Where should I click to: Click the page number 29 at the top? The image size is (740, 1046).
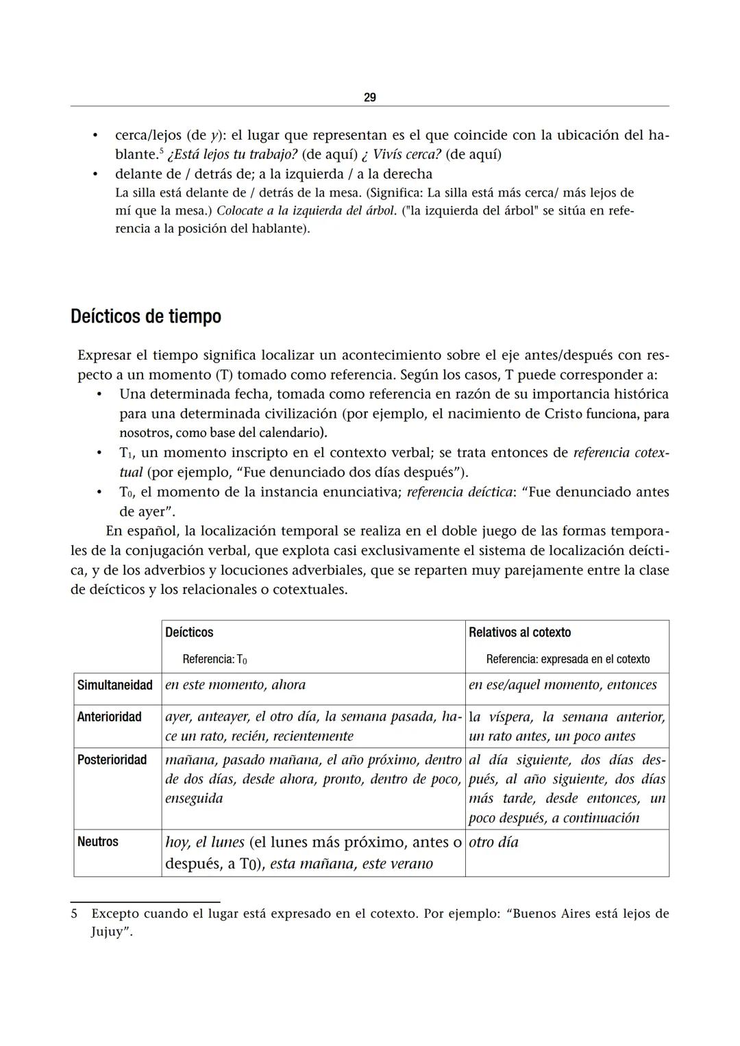tap(369, 97)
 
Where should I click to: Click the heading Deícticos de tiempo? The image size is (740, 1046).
tap(146, 316)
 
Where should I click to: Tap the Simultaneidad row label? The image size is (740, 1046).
tap(114, 685)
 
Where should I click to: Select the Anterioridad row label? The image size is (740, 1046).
tap(109, 717)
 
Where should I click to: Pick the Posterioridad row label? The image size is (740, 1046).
tap(112, 760)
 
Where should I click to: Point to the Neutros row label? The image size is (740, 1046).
tap(97, 841)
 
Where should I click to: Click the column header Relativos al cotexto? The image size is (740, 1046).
tap(519, 632)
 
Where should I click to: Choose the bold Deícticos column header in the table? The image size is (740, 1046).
tap(189, 632)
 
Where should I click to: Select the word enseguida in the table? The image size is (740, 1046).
tap(194, 799)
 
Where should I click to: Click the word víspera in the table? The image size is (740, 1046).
tap(510, 717)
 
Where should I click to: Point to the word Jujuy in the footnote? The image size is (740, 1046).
tap(108, 932)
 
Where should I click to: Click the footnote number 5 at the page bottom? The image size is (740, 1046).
tap(74, 913)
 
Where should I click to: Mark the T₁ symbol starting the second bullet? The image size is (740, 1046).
tap(125, 453)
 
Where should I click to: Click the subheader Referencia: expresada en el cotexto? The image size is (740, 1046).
tap(567, 659)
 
